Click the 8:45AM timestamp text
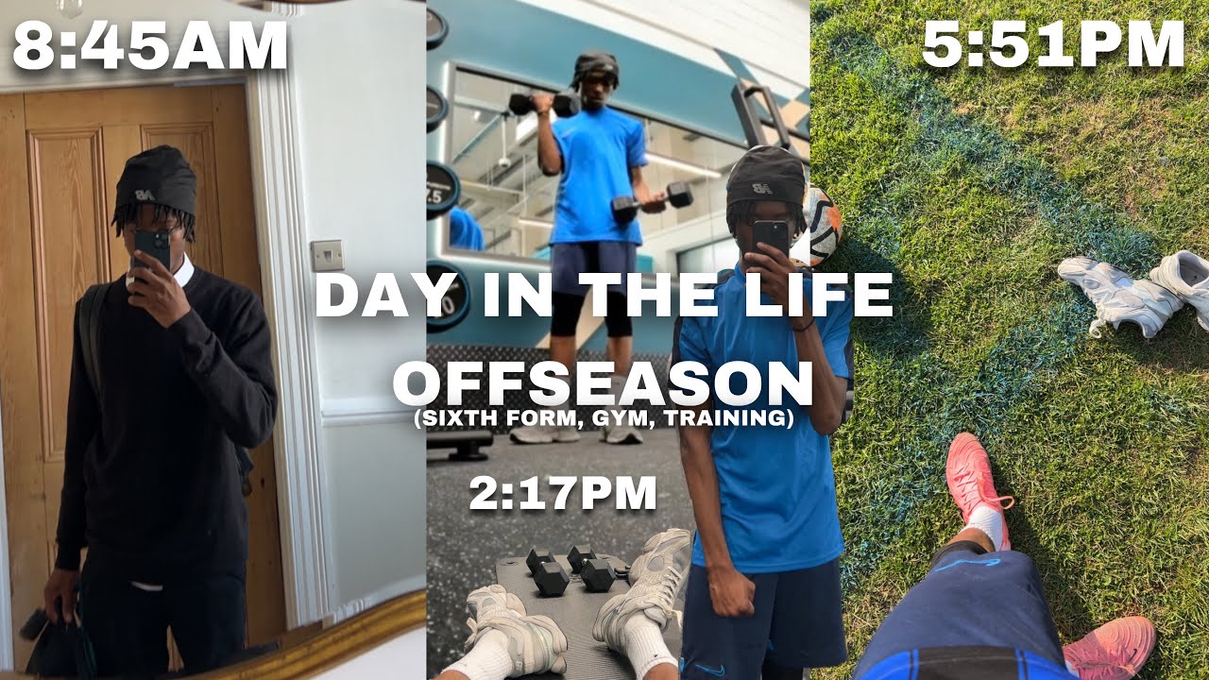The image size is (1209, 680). coord(149,46)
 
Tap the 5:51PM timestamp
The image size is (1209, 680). coord(1052,44)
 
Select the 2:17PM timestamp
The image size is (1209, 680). coord(563,493)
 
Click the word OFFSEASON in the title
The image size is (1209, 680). coord(603,382)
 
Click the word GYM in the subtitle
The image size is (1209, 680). coord(617,418)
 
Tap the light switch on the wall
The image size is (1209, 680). coord(327,254)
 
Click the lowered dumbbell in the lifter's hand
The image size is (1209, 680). coord(652,201)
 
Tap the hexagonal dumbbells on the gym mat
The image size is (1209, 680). coord(570,569)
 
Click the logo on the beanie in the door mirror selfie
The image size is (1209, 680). coord(144,194)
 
